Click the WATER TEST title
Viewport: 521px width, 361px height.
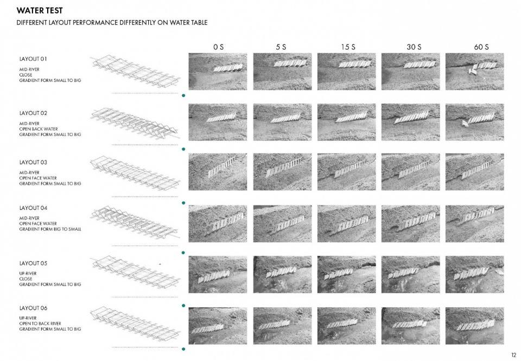[40, 11]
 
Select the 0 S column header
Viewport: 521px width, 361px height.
[218, 47]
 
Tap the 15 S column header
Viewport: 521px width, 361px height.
[348, 47]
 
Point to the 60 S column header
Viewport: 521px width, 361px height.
[481, 47]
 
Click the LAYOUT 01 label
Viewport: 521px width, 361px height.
[33, 59]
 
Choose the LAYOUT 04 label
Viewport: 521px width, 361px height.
[33, 208]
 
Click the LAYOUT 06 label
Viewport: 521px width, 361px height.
[33, 308]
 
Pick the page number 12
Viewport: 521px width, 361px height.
[514, 355]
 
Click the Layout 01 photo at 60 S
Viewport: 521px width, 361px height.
[474, 72]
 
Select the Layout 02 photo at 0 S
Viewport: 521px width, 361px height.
[218, 122]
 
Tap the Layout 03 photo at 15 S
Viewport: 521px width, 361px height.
[347, 172]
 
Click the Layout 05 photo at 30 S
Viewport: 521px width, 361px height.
[411, 274]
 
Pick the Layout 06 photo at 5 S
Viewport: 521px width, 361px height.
[282, 326]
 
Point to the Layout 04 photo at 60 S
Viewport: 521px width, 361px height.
[474, 224]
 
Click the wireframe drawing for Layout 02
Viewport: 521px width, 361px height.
[136, 124]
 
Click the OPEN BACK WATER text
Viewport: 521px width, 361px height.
[39, 129]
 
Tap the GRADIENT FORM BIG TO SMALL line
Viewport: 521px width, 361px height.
[50, 229]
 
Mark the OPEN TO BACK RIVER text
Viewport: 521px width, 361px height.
[40, 324]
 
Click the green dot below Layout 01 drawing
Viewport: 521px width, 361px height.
[183, 95]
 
